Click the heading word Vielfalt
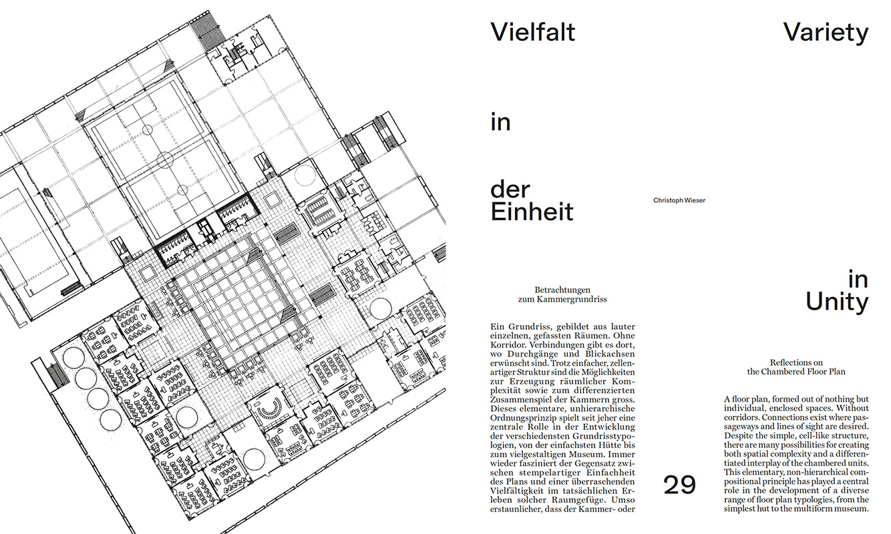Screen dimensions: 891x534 click(533, 32)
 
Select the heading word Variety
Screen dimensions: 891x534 click(826, 33)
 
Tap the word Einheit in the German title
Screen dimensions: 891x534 click(532, 212)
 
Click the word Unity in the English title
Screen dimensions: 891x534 click(837, 303)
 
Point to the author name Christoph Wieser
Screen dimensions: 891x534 click(679, 200)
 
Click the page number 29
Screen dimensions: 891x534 click(679, 485)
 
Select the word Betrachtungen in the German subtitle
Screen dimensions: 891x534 click(562, 290)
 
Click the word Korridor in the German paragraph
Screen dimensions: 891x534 click(507, 345)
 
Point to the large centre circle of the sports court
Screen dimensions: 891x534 click(165, 160)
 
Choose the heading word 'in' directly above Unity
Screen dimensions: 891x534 click(858, 280)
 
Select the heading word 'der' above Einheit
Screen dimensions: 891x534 click(510, 190)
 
